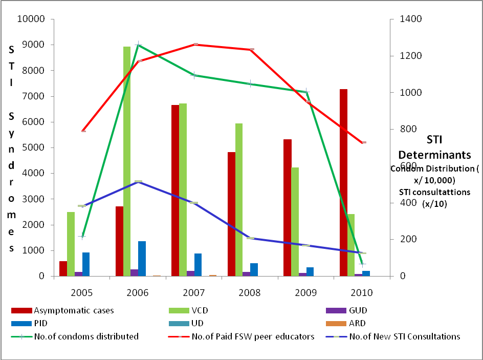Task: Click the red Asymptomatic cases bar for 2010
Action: (x=343, y=182)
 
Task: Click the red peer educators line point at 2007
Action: (x=194, y=45)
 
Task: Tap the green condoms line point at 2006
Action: (x=138, y=45)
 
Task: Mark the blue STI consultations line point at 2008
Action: (x=250, y=238)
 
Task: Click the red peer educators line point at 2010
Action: (x=363, y=142)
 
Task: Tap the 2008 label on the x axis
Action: (x=250, y=293)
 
